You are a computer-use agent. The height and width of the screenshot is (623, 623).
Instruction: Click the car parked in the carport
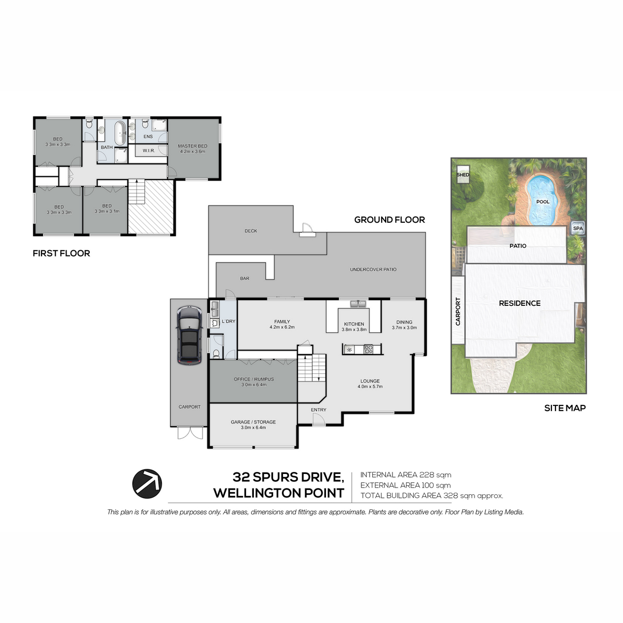tap(189, 335)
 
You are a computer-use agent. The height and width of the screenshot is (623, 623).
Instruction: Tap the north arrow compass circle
tap(147, 484)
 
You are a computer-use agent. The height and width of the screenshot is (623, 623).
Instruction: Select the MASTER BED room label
tap(193, 146)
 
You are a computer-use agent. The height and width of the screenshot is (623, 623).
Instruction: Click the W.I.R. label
tap(148, 151)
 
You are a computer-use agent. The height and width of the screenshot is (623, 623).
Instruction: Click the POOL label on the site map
tap(543, 202)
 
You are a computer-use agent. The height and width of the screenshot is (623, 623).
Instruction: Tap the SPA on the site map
tap(578, 228)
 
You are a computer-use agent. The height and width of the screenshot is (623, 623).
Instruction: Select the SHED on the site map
tap(463, 174)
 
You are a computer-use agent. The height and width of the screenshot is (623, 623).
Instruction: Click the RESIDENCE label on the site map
tap(520, 303)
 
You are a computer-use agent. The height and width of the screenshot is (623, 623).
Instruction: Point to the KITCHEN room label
tap(354, 324)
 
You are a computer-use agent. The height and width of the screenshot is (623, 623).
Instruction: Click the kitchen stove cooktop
tap(369, 349)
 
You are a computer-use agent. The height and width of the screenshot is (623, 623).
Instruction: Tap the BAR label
tap(245, 278)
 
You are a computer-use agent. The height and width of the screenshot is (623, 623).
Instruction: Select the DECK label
tap(251, 231)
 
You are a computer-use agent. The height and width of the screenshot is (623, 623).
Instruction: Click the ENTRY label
tap(318, 410)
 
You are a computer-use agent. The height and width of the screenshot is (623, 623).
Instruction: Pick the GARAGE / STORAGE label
tap(253, 422)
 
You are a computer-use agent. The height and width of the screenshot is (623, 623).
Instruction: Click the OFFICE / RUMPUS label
tap(254, 379)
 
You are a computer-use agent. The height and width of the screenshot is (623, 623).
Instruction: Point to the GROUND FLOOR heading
tap(389, 220)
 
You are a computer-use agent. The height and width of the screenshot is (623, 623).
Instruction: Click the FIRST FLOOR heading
tap(61, 253)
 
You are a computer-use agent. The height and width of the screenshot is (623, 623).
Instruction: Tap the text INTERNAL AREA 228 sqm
tap(406, 475)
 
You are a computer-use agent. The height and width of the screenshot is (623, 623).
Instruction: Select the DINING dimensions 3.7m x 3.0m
tap(404, 328)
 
